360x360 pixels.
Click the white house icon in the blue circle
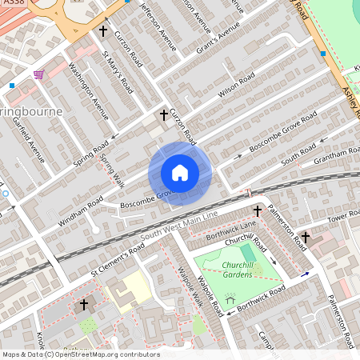click(x=180, y=173)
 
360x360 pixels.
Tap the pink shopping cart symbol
click(x=38, y=74)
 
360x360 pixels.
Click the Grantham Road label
click(x=338, y=152)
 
